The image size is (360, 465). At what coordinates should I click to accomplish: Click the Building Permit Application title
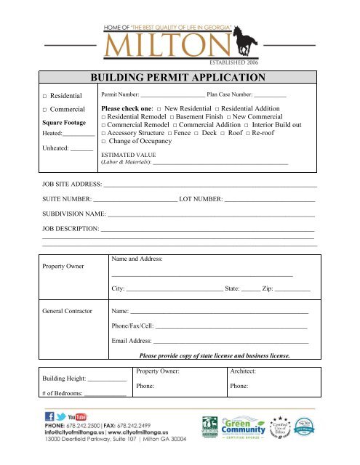pyautogui.click(x=180, y=78)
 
